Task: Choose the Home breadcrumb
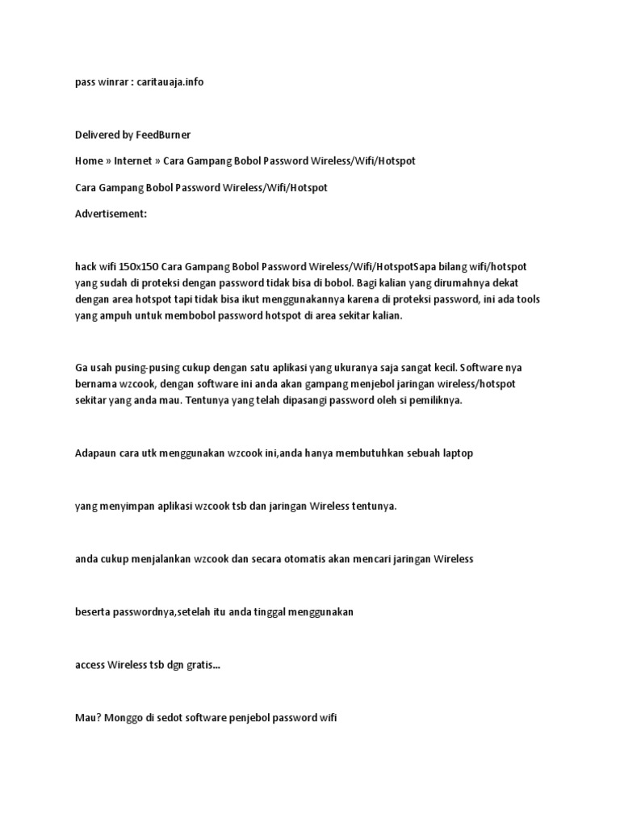(88, 161)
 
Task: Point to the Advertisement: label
(111, 214)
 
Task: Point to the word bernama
(93, 385)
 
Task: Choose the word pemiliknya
(433, 401)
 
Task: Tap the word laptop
(456, 453)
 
